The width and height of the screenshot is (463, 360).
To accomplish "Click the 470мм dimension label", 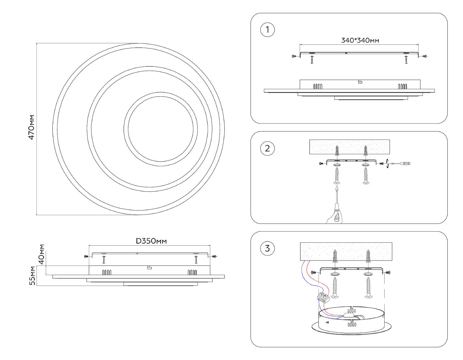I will [31, 127].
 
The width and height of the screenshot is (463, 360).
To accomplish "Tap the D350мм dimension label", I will [151, 241].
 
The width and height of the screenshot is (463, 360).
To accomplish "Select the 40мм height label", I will [41, 254].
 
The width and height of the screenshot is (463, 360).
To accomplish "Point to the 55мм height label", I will [32, 275].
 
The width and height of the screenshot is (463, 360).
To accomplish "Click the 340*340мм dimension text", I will [360, 40].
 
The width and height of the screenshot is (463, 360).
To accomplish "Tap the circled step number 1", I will [267, 30].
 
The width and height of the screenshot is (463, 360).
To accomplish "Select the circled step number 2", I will [267, 148].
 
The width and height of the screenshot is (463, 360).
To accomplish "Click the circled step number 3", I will [267, 248].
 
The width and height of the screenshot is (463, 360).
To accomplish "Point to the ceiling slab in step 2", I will [349, 147].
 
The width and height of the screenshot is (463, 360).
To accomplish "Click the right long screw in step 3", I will [368, 287].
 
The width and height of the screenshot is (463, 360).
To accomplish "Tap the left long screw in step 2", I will [337, 176].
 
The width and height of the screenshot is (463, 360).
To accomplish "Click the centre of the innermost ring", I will [161, 129].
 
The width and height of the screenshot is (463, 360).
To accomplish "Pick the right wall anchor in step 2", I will [365, 151].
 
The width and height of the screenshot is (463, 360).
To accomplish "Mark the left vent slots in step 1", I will [318, 86].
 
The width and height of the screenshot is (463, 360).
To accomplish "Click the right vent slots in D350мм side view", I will [192, 272].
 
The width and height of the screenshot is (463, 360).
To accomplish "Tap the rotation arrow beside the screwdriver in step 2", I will [387, 164].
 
